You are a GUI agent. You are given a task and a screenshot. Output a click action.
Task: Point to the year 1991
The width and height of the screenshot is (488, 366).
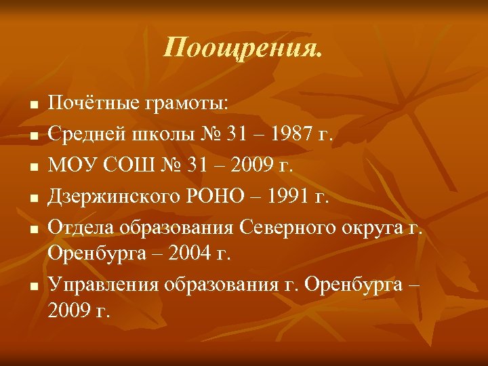[x=292, y=198]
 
